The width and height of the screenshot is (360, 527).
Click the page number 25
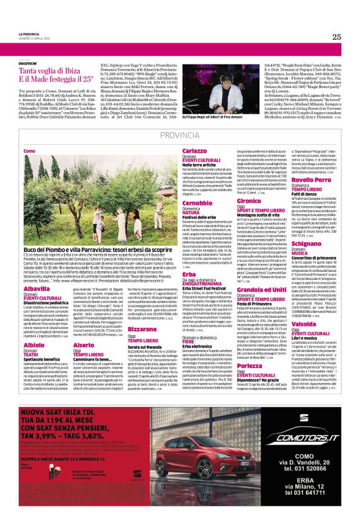pyautogui.click(x=336, y=37)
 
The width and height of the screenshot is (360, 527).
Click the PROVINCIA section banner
pyautogui.click(x=179, y=135)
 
